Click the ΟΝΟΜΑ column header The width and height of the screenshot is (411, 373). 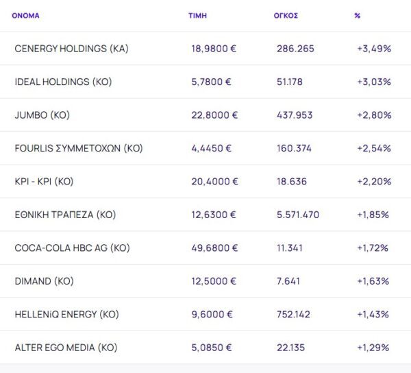[25, 15]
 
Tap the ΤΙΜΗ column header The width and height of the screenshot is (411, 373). [197, 15]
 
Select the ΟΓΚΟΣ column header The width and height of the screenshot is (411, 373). [286, 15]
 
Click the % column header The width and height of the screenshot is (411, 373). [358, 15]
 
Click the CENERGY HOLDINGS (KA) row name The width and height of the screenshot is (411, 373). [71, 49]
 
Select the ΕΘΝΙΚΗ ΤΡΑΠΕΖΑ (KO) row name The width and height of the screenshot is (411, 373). [65, 215]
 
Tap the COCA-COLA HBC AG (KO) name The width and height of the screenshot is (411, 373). [72, 248]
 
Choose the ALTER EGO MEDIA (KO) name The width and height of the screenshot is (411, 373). [66, 348]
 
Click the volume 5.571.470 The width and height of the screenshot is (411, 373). [298, 215]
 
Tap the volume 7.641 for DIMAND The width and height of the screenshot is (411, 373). [290, 281]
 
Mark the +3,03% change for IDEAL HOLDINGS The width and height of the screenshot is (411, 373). [374, 82]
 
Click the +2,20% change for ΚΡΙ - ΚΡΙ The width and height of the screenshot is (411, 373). [374, 182]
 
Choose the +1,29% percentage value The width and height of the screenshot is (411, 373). [373, 348]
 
